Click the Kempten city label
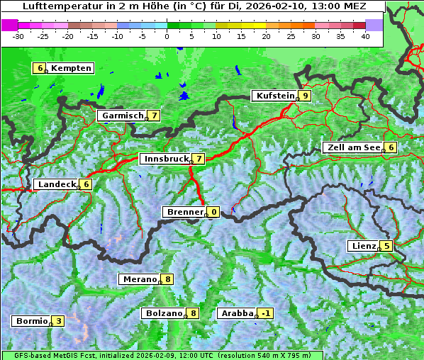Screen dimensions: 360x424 pyautogui.click(x=72, y=68)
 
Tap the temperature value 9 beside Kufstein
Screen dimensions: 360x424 pyautogui.click(x=305, y=96)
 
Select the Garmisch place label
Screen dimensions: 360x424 pyautogui.click(x=123, y=116)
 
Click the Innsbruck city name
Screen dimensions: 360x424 pyautogui.click(x=165, y=159)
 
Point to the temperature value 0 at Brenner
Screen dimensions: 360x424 pyautogui.click(x=213, y=212)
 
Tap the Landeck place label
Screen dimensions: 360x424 pyautogui.click(x=57, y=184)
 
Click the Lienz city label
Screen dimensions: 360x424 pyautogui.click(x=363, y=246)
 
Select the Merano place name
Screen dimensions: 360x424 pyautogui.click(x=139, y=279)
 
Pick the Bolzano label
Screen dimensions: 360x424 pyautogui.click(x=164, y=313)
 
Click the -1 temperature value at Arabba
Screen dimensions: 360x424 pyautogui.click(x=266, y=313)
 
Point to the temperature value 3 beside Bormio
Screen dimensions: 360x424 pyautogui.click(x=58, y=321)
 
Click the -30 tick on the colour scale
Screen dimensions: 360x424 pyautogui.click(x=18, y=36)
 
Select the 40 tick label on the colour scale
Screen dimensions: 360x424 pyautogui.click(x=365, y=36)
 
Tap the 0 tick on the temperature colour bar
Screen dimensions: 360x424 pyautogui.click(x=167, y=36)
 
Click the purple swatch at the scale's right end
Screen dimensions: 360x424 pyautogui.click(x=374, y=25)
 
